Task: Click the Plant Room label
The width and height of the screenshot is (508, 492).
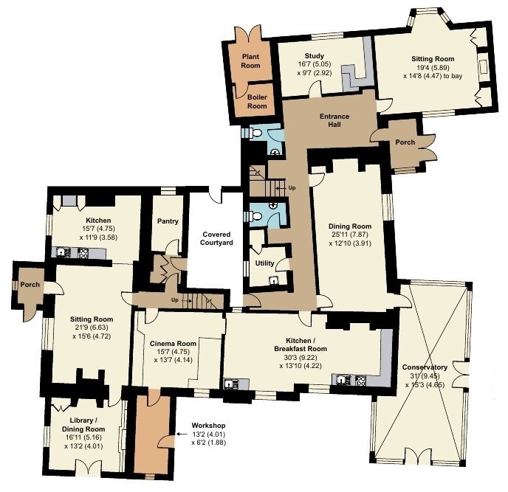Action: click(250, 60)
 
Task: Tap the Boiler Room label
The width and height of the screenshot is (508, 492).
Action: click(257, 101)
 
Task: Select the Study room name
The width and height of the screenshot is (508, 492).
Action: click(315, 55)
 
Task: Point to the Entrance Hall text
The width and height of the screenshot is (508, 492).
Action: click(334, 120)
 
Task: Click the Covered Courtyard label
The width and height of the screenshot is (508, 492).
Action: click(216, 238)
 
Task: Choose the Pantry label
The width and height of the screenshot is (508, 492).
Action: click(168, 221)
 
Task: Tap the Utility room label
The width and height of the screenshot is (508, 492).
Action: click(264, 263)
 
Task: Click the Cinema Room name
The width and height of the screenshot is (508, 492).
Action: click(173, 344)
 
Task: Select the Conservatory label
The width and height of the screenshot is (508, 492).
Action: click(425, 367)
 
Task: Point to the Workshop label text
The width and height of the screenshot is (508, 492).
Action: click(208, 426)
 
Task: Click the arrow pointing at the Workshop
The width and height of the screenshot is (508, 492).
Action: click(182, 434)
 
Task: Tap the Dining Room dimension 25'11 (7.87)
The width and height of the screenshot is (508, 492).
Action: click(350, 235)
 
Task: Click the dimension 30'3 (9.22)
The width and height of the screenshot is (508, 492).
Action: click(301, 358)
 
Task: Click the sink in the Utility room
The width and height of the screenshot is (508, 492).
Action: click(275, 280)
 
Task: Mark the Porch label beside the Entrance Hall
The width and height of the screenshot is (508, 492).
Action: click(405, 142)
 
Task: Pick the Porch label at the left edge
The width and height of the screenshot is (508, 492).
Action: click(30, 285)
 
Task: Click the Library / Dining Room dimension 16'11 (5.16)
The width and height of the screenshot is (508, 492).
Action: click(83, 437)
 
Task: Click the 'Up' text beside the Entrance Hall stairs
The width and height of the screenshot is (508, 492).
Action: click(292, 188)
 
